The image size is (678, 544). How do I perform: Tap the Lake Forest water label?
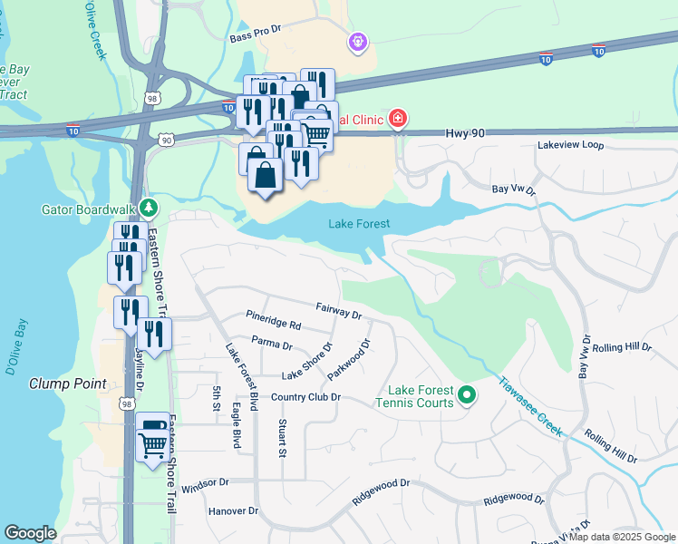pyautogui.click(x=359, y=224)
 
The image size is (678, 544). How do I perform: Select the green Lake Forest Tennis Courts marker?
pyautogui.click(x=467, y=394)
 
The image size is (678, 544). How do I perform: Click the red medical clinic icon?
pyautogui.click(x=396, y=119)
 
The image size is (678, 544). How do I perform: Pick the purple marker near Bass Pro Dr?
pyautogui.click(x=358, y=42)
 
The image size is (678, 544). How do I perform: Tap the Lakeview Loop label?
pyautogui.click(x=570, y=145)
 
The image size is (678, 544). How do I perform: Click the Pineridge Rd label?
pyautogui.click(x=273, y=322)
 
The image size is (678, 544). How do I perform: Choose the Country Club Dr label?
pyautogui.click(x=305, y=397)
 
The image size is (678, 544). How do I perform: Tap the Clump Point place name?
pyautogui.click(x=68, y=384)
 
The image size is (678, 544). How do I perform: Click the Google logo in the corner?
pyautogui.click(x=30, y=533)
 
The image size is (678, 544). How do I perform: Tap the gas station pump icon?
pyautogui.click(x=151, y=423)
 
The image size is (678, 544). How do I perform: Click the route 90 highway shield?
pyautogui.click(x=164, y=140)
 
